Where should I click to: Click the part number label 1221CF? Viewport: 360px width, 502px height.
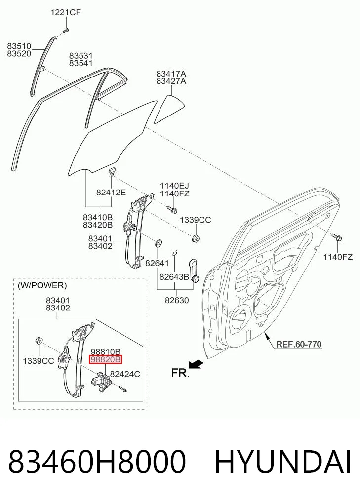click(66, 12)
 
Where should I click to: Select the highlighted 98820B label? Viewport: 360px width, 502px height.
click(106, 359)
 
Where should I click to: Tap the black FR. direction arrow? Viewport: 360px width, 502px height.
click(196, 364)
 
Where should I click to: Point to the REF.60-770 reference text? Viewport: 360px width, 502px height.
click(298, 344)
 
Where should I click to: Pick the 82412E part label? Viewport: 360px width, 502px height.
click(111, 192)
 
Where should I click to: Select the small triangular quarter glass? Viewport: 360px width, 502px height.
click(169, 109)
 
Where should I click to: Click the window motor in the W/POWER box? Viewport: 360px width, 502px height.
click(102, 381)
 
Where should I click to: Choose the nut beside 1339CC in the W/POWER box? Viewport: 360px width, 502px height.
click(39, 340)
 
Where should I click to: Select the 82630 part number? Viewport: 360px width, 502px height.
click(177, 300)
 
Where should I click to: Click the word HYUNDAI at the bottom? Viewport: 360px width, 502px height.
click(283, 462)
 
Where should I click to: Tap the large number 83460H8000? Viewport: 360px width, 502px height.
click(97, 462)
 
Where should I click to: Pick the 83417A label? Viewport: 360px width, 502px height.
click(171, 74)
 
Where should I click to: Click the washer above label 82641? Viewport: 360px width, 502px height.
click(158, 243)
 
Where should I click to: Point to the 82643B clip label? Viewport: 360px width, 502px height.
click(174, 276)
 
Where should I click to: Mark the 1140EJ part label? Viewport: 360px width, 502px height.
click(174, 186)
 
